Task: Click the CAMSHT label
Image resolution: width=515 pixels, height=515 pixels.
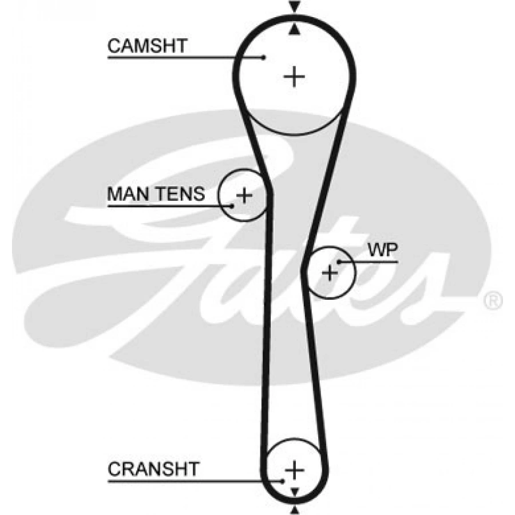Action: click(x=147, y=46)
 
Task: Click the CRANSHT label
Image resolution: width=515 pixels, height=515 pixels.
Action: click(x=153, y=470)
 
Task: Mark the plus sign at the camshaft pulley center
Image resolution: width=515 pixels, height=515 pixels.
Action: click(x=295, y=76)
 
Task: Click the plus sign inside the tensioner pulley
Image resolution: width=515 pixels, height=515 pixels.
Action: click(x=244, y=196)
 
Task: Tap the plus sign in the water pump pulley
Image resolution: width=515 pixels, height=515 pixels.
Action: click(x=330, y=272)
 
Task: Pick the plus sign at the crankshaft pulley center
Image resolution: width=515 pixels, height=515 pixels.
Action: click(x=295, y=470)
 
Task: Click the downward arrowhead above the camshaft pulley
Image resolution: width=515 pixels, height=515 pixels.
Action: click(x=295, y=7)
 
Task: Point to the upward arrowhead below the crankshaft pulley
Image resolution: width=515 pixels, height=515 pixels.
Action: click(x=295, y=509)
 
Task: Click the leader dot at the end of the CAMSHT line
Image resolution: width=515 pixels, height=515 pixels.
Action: click(x=264, y=57)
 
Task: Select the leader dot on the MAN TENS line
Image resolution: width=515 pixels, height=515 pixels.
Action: click(x=232, y=205)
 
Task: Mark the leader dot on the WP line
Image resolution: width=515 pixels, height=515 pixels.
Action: click(x=339, y=262)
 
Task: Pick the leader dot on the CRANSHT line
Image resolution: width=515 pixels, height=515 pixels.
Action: click(x=283, y=481)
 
